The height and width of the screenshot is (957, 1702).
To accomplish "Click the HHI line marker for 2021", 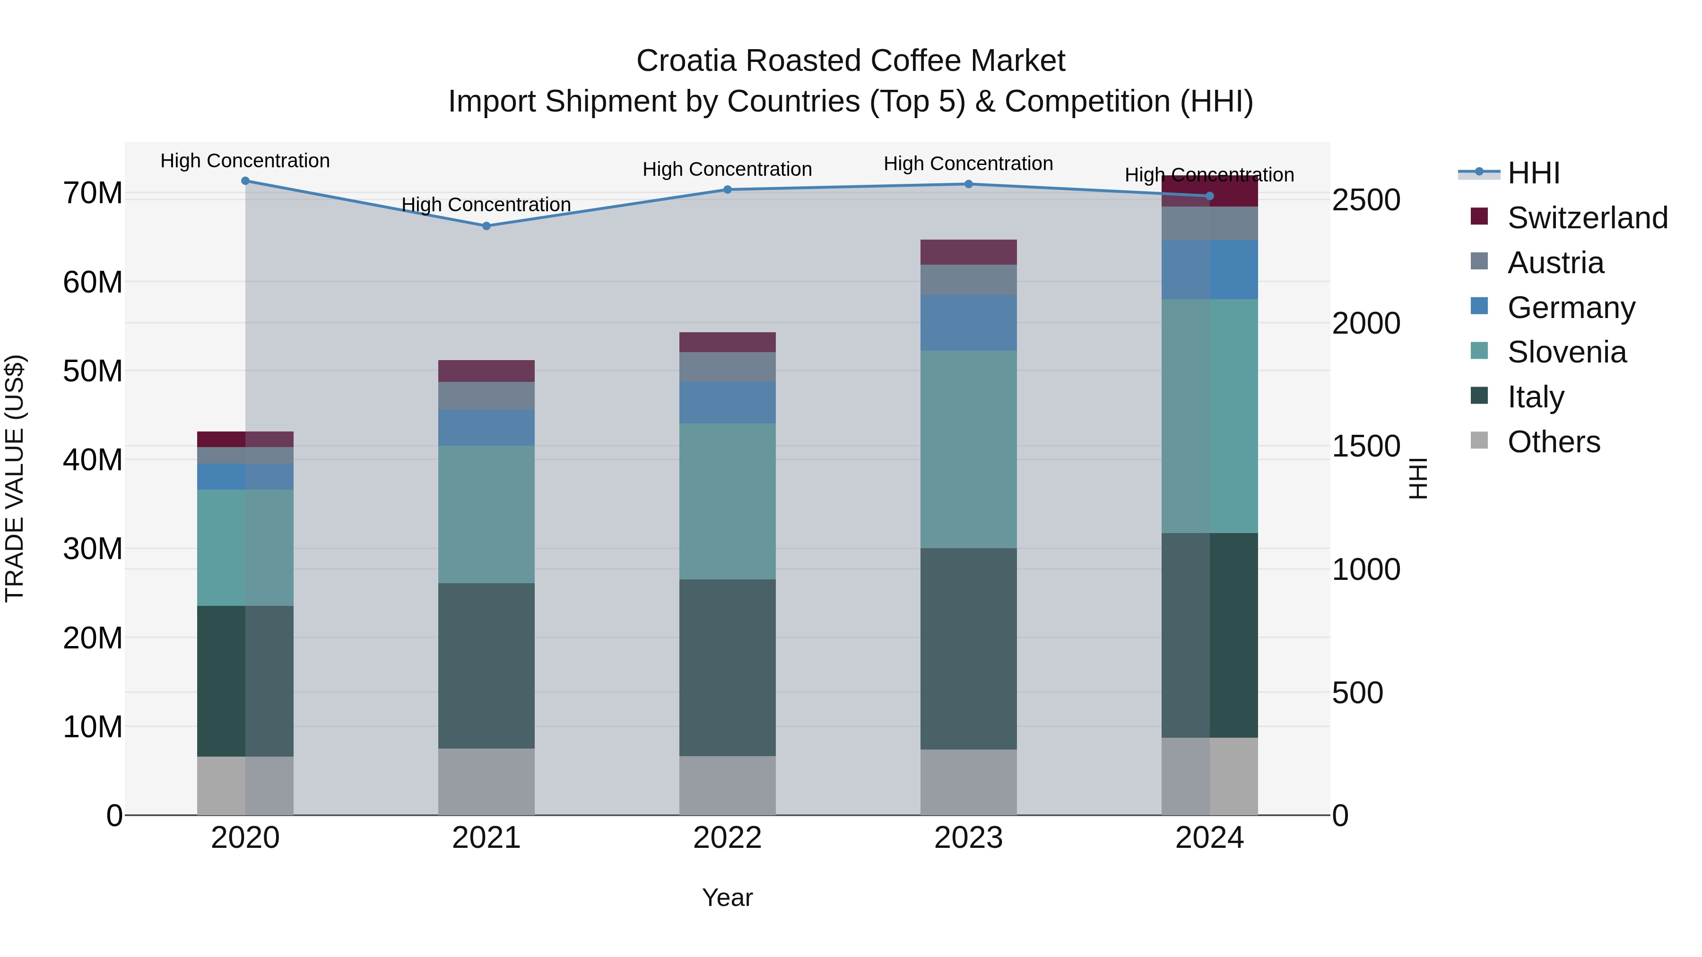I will click(486, 226).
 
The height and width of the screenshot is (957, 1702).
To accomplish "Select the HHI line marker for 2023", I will click(969, 184).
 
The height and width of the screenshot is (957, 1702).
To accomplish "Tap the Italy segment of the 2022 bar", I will click(728, 667).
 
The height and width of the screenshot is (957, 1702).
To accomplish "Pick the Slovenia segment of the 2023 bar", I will click(969, 449).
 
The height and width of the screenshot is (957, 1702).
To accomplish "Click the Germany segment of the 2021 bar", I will click(486, 427).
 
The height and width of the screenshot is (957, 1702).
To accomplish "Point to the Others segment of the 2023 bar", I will click(969, 782).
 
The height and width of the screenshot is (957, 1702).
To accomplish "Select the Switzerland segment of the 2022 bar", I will click(728, 342).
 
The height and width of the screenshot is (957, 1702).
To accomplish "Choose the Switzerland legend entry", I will click(1586, 218).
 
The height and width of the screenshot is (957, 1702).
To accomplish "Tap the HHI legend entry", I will click(1533, 173).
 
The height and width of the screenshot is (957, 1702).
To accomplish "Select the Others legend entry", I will click(1553, 442).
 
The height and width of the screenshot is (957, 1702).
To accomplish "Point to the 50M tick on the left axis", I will click(93, 371).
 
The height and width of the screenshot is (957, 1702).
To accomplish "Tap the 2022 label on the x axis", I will click(728, 838).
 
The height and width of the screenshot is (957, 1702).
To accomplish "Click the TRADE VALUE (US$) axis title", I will click(15, 478).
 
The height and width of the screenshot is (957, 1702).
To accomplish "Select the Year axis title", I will click(728, 897).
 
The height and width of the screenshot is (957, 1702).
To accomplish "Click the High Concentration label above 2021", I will click(486, 205).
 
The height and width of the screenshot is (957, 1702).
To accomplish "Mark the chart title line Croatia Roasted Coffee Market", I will click(851, 61).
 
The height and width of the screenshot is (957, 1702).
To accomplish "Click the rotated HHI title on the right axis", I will click(1418, 478).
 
